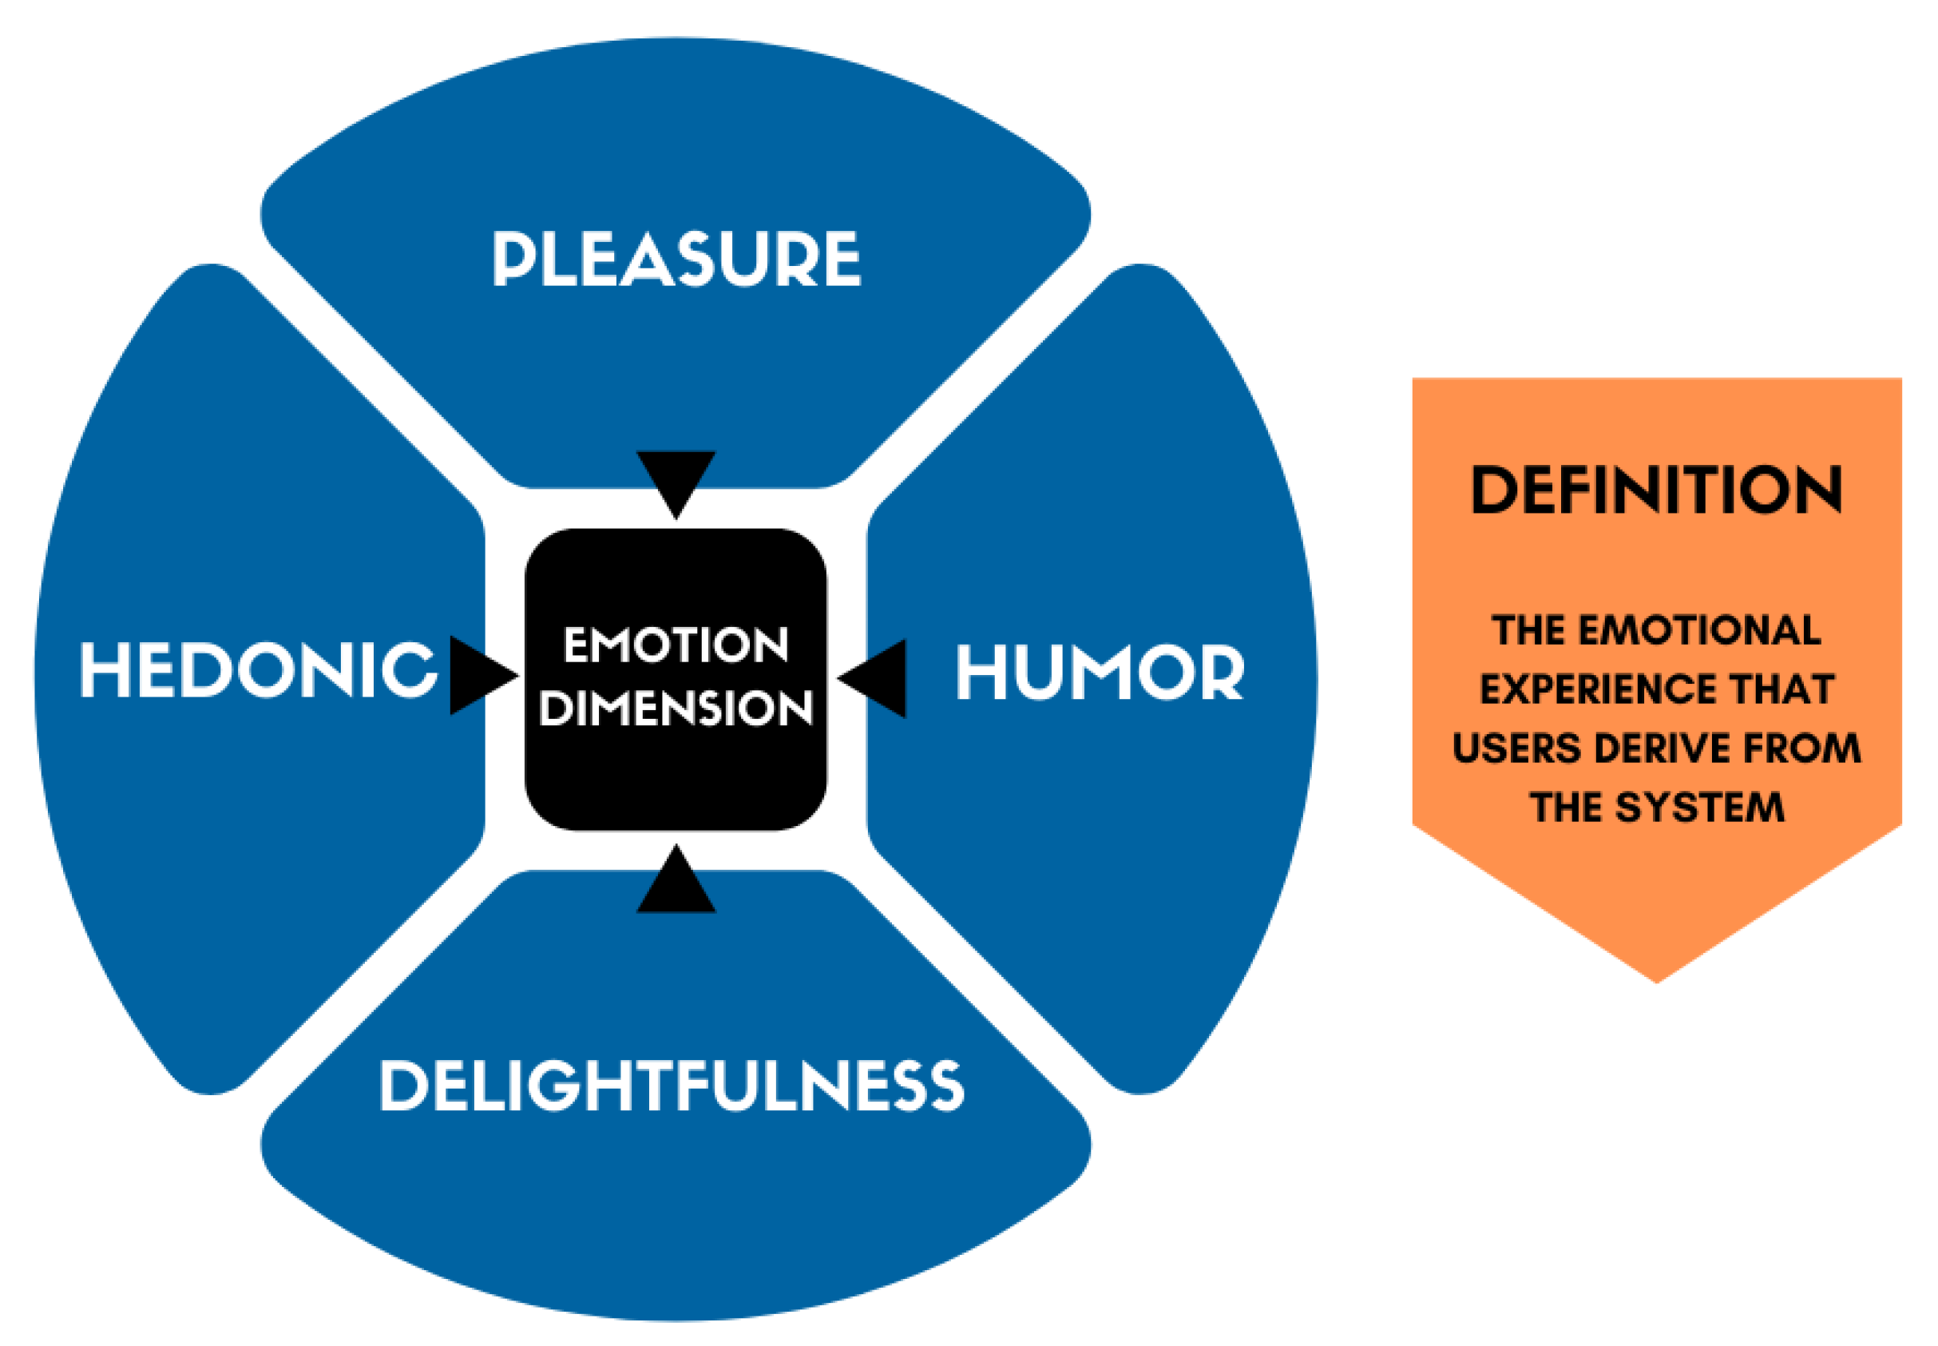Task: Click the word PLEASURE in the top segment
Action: coord(676,258)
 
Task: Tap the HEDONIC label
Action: coord(258,669)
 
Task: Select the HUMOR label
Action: coord(1100,672)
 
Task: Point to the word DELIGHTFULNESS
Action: coord(672,1086)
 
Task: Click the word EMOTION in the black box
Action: coord(676,645)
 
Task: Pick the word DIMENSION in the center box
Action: coord(676,708)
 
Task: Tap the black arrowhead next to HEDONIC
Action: coord(479,675)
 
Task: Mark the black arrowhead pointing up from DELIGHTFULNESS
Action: coord(676,883)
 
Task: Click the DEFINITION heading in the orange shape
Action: coord(1655,489)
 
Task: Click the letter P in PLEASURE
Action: coord(509,258)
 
